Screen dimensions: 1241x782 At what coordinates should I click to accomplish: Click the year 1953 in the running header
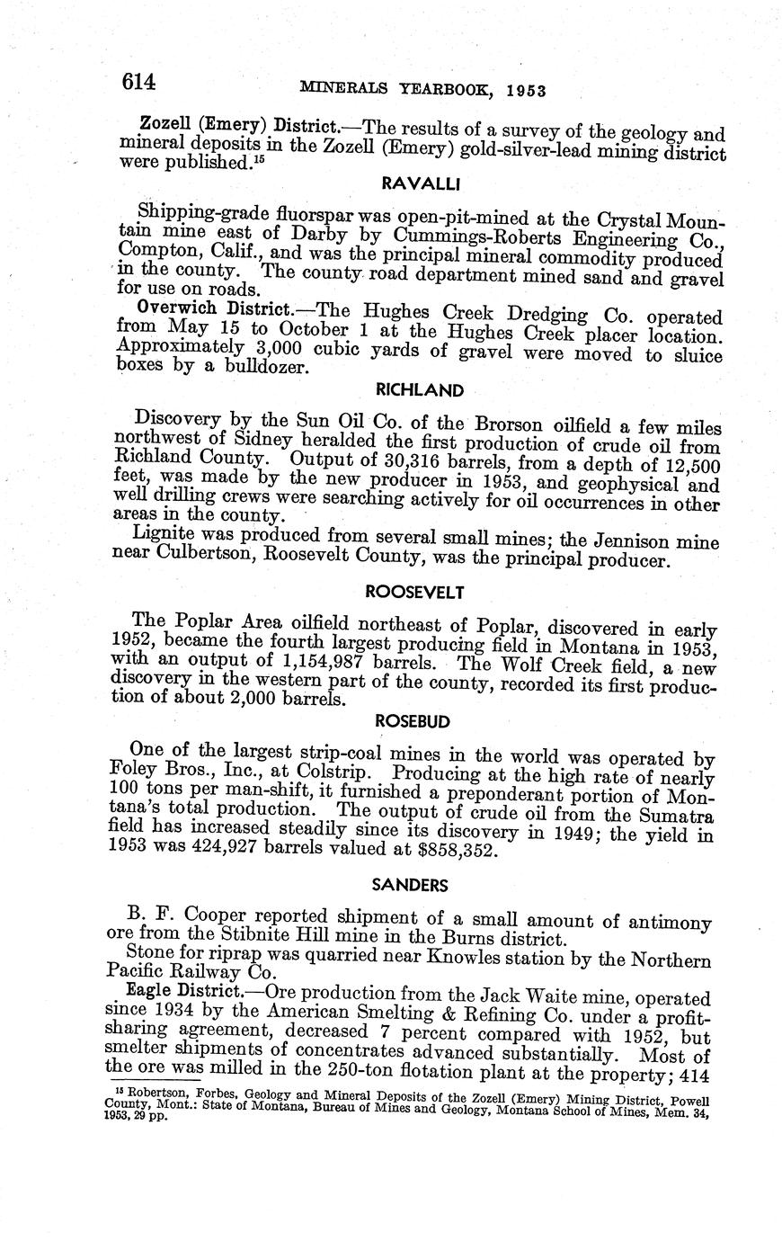tap(529, 91)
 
